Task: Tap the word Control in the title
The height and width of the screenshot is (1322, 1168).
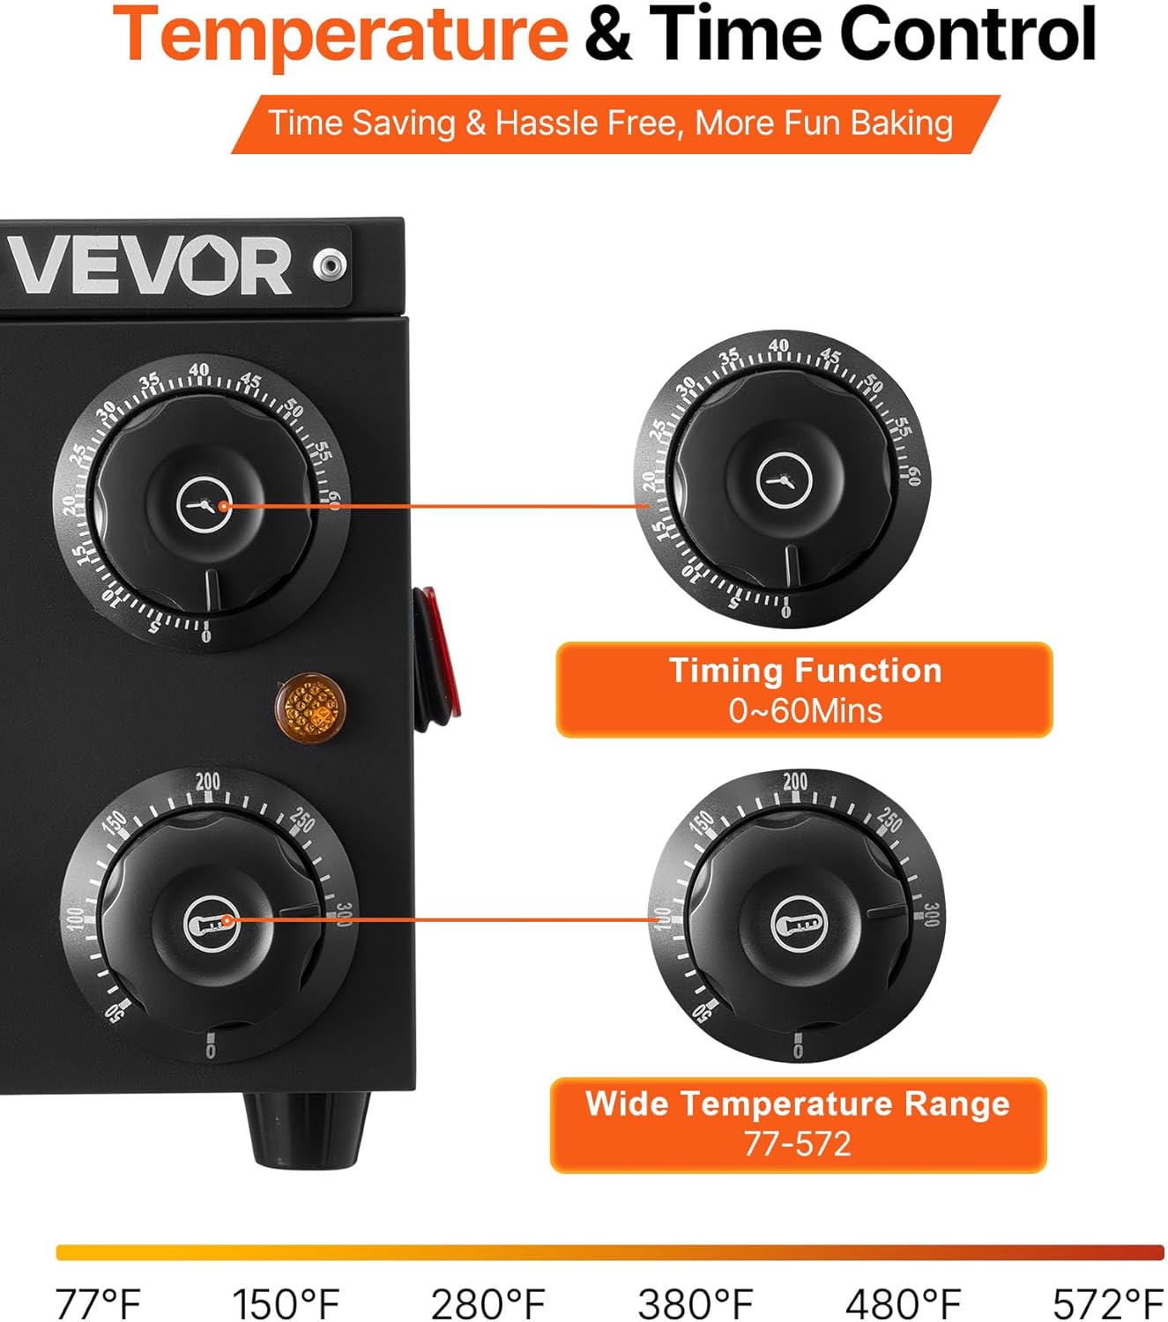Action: [x=967, y=35]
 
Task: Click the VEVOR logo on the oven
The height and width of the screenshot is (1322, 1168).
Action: [x=150, y=265]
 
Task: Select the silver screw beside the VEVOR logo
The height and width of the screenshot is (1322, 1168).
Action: [x=331, y=264]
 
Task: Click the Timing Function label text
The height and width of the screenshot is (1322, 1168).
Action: [x=805, y=671]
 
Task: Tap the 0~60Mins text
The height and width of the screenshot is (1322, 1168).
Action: [x=805, y=710]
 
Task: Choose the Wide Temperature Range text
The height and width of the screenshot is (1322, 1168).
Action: [x=798, y=1103]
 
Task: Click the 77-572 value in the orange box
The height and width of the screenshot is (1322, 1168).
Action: [x=798, y=1144]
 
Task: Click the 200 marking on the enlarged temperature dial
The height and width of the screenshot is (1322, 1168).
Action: [x=794, y=781]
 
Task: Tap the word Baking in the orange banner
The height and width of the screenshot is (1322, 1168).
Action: [x=902, y=123]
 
